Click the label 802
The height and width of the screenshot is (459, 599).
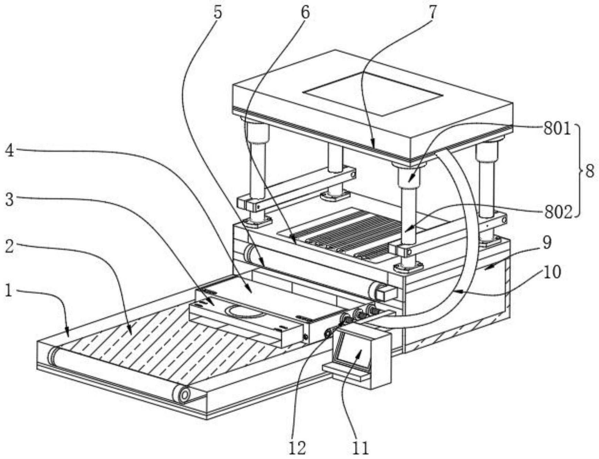click(558, 213)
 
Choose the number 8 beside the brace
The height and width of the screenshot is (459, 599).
click(590, 171)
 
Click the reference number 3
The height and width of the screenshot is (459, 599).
click(9, 199)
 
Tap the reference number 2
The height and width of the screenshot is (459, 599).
click(9, 247)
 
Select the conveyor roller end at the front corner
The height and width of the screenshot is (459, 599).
click(183, 394)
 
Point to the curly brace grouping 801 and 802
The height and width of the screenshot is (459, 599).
click(579, 171)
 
